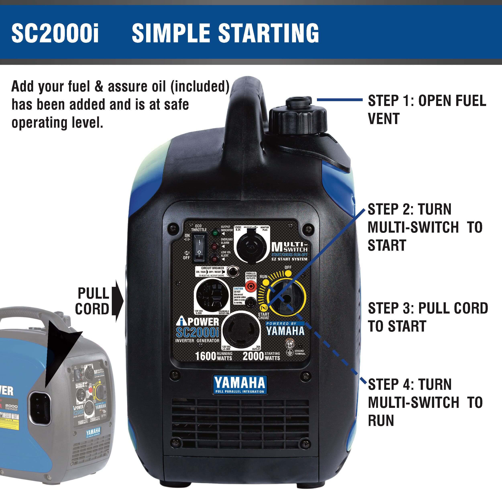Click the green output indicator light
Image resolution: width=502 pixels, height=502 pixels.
215,233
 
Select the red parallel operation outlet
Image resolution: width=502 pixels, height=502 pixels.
251,287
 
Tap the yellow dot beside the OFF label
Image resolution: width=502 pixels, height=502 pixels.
288,273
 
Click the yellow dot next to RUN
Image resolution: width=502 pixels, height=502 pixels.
264,282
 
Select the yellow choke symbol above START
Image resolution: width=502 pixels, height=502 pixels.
264,308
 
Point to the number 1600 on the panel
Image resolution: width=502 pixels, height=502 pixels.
206,356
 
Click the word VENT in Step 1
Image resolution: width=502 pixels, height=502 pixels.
384,119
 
